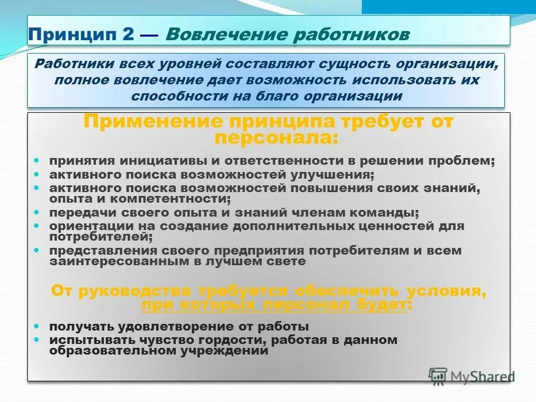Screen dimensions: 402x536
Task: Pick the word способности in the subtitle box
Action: pos(165,95)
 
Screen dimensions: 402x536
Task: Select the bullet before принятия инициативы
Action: pos(37,160)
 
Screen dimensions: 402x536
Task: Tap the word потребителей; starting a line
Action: pos(101,236)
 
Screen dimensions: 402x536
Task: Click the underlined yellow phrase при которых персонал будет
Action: pos(276,305)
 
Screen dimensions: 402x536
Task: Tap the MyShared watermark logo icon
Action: pos(439,376)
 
